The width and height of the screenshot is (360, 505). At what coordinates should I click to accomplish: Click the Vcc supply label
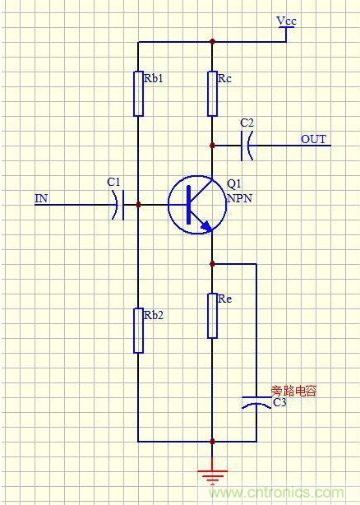point(286,20)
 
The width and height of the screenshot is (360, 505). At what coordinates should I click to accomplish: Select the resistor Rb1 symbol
point(138,93)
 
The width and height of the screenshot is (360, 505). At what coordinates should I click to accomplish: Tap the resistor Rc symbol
point(212,93)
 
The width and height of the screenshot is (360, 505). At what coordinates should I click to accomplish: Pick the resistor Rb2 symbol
point(138,330)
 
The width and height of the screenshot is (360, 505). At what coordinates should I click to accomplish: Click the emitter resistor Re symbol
point(212,315)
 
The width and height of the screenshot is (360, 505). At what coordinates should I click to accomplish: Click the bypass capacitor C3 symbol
point(256,404)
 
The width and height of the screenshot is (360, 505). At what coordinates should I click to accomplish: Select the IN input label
point(41,198)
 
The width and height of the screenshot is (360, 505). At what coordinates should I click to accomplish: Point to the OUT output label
point(313,139)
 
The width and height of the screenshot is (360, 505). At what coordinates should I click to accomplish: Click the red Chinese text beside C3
point(293,391)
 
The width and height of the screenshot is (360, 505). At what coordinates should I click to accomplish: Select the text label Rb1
point(154,79)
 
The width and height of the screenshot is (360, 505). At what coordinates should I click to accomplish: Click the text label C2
point(247,123)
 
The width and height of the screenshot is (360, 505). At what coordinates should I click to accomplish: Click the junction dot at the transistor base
point(138,203)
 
